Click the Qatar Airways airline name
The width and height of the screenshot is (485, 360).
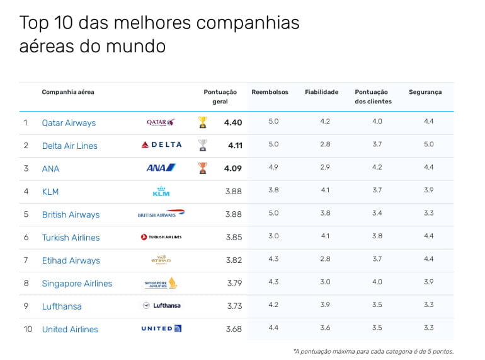[69, 123]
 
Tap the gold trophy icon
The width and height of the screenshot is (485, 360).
[202, 122]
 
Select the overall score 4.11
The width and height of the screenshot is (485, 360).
[234, 146]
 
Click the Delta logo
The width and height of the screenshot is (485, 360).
[161, 145]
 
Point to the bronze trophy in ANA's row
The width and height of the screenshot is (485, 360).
[202, 168]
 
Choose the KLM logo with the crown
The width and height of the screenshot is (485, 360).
[161, 191]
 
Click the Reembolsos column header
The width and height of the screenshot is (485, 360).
[270, 92]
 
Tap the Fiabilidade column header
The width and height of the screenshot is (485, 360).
[321, 92]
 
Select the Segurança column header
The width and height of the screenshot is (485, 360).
[425, 92]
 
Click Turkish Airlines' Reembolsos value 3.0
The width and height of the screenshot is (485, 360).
[273, 236]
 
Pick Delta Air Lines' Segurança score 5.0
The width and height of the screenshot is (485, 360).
[428, 144]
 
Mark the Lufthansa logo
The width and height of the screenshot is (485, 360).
[162, 306]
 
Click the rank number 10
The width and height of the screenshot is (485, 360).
[28, 329]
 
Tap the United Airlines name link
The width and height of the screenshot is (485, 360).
[70, 329]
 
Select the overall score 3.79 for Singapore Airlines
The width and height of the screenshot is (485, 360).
[234, 283]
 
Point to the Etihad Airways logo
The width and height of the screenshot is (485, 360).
[161, 260]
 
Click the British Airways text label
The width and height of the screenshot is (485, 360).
[71, 214]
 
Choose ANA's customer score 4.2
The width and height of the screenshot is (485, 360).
[377, 167]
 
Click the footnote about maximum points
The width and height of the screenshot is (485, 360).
[373, 351]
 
